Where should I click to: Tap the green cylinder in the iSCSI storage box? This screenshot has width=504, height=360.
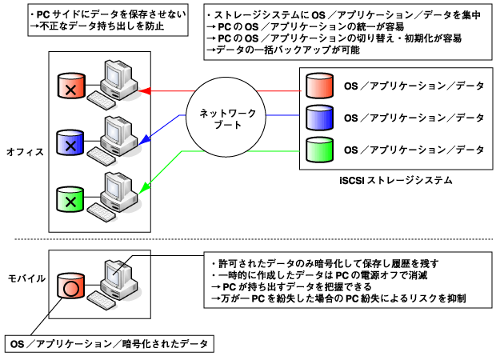320,149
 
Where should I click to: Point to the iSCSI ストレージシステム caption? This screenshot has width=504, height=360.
395,182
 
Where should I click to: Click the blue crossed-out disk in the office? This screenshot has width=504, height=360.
70,143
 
